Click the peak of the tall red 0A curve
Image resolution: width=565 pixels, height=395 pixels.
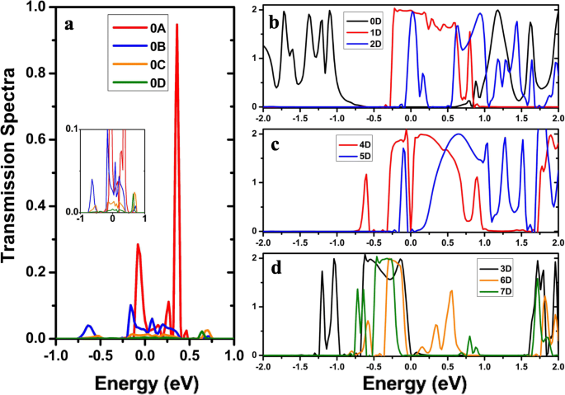tap(177, 25)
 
